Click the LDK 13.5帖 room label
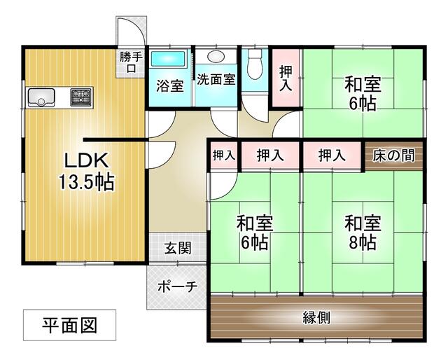(85, 170)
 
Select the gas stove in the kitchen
(80, 97)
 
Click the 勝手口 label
(129, 62)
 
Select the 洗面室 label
(216, 79)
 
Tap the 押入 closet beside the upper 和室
(286, 77)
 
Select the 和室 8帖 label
(362, 233)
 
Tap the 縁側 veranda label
(316, 317)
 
